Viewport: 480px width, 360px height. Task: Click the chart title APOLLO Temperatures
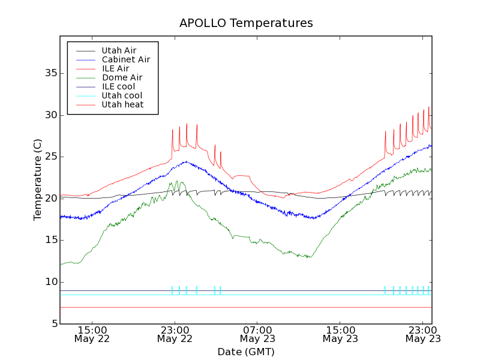(x=246, y=23)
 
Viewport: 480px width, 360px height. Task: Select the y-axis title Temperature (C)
(x=38, y=179)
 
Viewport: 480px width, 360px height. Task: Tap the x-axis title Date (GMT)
(x=246, y=352)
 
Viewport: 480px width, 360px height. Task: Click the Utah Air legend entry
(x=119, y=50)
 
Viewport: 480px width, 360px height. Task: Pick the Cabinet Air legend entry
(x=125, y=59)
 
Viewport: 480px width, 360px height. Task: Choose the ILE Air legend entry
(x=115, y=68)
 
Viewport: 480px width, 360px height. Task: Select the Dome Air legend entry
(x=122, y=77)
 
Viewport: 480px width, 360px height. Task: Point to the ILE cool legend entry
(x=118, y=86)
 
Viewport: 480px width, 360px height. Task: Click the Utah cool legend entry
(x=122, y=95)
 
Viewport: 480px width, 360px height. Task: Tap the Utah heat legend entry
(x=122, y=104)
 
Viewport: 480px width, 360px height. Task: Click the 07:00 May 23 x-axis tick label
(x=257, y=334)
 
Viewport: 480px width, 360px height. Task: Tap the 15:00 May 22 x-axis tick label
(x=92, y=334)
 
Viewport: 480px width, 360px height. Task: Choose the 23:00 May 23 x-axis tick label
(x=423, y=334)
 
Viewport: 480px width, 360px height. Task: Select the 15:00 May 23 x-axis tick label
(x=340, y=334)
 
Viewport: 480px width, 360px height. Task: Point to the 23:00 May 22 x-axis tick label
(x=175, y=334)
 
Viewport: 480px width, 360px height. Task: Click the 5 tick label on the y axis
(x=53, y=324)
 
